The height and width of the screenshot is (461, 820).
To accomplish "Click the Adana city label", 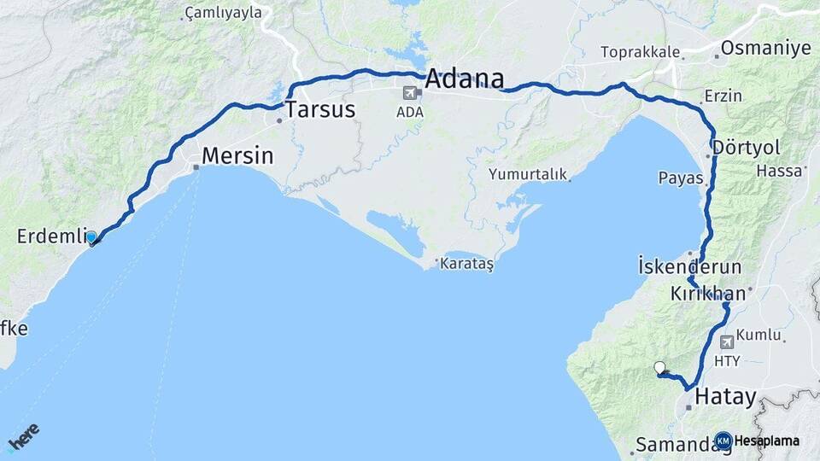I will [464, 79].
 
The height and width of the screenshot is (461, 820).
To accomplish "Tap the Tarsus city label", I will [320, 110].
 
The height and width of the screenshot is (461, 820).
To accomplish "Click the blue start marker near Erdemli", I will [91, 237].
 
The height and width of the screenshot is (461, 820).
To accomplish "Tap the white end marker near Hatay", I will [659, 368].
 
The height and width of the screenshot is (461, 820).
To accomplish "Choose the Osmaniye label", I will [765, 49].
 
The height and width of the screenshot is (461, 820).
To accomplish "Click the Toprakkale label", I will [640, 52].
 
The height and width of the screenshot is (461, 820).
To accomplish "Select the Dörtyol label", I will [746, 148].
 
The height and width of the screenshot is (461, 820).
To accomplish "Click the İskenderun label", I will [690, 266].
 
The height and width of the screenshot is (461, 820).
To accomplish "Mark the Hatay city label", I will [726, 397].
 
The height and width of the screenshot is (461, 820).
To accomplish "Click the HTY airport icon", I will [727, 342].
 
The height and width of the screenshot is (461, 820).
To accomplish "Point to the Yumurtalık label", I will [528, 174].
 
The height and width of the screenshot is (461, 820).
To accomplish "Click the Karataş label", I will [466, 264].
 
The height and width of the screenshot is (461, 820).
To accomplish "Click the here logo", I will [22, 438].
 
